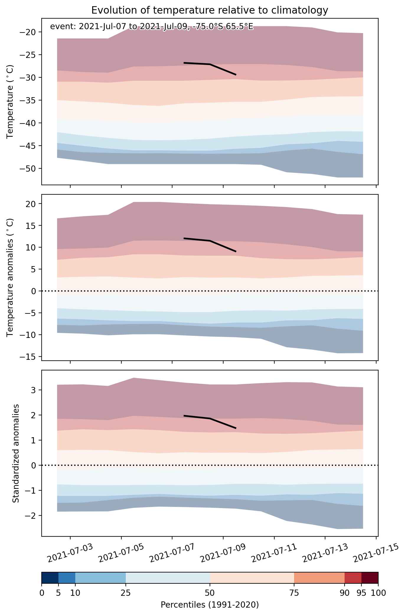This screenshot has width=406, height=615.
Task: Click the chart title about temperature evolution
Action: (210, 10)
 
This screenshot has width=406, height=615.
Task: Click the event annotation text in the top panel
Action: (152, 27)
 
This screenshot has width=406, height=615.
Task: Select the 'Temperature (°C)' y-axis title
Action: (10, 102)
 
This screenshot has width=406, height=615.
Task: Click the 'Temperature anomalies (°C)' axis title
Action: (10, 277)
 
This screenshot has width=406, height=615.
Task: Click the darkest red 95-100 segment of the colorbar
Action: (370, 578)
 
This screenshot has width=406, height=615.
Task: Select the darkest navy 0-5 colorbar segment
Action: (50, 578)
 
